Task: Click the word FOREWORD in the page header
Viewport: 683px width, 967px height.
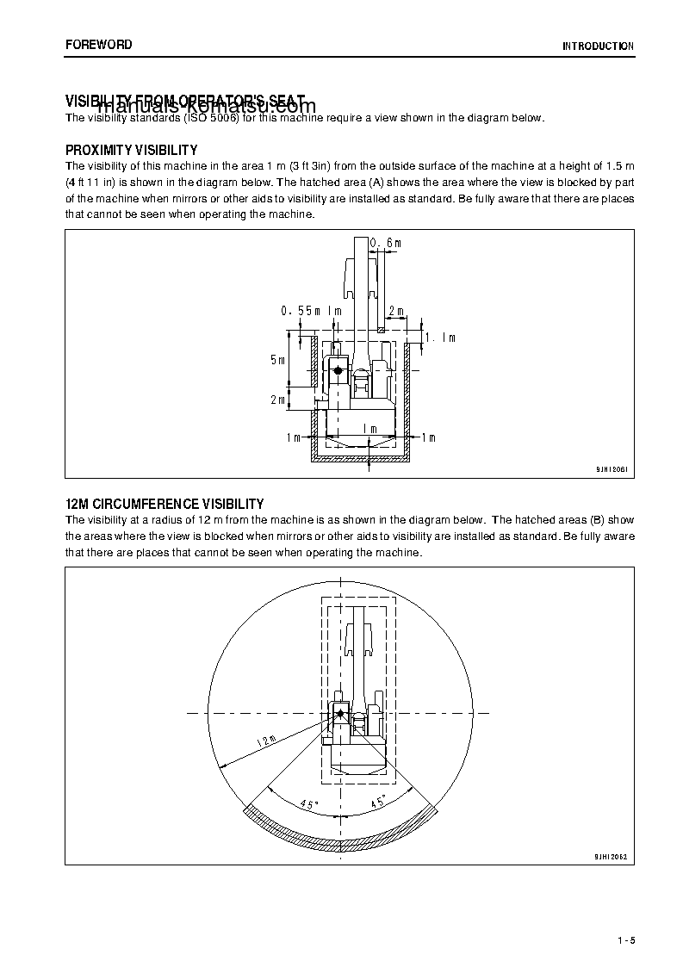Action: point(99,45)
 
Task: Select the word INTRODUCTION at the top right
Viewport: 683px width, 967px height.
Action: point(598,46)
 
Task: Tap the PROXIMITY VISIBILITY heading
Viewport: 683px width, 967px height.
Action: point(132,150)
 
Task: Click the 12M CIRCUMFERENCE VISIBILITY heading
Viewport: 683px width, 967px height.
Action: point(165,504)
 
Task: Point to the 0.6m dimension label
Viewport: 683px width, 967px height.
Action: point(386,244)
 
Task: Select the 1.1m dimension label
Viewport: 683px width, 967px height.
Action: point(441,338)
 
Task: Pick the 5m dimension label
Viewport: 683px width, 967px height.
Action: point(277,360)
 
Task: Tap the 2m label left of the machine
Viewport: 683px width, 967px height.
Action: point(277,400)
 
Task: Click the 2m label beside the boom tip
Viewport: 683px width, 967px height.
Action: point(396,310)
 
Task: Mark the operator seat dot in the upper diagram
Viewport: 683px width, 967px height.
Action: point(338,370)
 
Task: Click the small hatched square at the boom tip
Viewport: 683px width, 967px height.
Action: point(380,329)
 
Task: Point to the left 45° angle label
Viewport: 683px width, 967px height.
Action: point(309,803)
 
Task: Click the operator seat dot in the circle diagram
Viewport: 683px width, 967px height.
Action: point(339,713)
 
